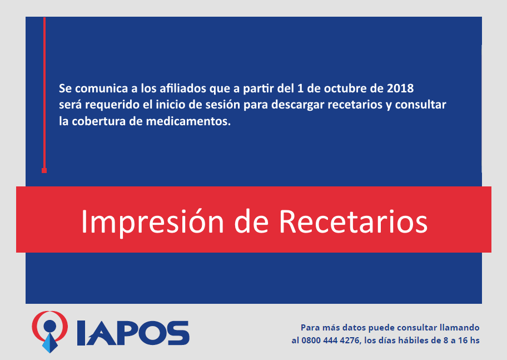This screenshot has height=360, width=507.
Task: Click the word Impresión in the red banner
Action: tap(152, 223)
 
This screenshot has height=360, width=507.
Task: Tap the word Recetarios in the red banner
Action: tap(354, 221)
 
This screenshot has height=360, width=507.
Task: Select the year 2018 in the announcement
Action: tap(400, 88)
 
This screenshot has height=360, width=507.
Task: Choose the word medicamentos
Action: tap(188, 121)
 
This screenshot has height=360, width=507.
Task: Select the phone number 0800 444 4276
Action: tap(330, 341)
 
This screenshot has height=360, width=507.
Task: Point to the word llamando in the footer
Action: tap(459, 328)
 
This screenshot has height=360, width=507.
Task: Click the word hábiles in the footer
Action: tap(419, 341)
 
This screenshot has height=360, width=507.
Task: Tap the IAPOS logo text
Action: tap(133, 333)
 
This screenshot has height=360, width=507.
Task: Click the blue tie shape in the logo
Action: tap(50, 343)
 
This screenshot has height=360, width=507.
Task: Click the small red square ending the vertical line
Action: tap(44, 170)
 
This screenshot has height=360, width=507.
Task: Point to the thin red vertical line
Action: tap(44, 92)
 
